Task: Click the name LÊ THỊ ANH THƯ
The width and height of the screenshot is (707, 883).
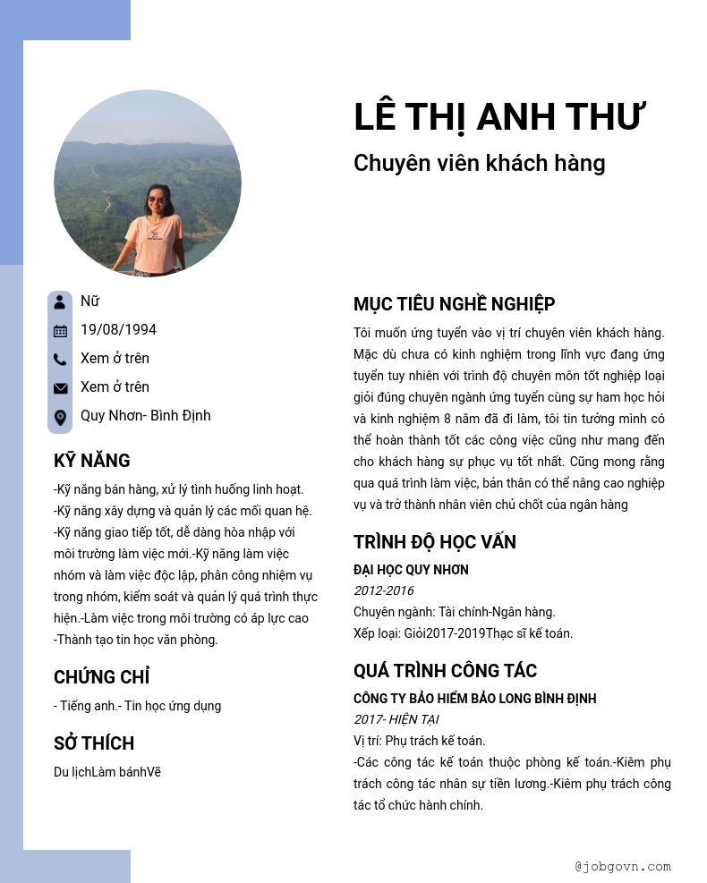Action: [499, 117]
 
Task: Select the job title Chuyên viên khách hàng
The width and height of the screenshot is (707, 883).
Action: [479, 163]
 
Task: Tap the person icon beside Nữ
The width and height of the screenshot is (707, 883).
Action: [60, 301]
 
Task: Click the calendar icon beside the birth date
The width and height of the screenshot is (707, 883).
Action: [60, 330]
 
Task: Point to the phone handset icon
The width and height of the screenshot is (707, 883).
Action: [60, 360]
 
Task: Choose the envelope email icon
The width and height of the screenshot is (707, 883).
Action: [60, 388]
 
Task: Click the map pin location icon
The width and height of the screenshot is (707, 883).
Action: [60, 417]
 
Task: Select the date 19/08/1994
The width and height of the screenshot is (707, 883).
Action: [118, 330]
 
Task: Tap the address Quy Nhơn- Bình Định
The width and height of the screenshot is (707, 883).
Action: [145, 416]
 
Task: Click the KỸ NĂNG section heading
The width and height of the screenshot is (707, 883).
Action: [91, 461]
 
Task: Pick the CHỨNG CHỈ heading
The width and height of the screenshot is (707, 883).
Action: [101, 677]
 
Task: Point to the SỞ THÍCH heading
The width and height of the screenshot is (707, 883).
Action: [93, 743]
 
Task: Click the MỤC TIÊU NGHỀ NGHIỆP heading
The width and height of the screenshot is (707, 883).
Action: [454, 304]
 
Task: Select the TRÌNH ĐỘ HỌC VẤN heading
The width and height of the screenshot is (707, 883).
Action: [434, 542]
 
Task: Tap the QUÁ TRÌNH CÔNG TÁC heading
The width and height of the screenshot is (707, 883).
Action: [445, 671]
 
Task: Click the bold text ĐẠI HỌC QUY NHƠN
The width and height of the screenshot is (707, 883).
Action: [411, 570]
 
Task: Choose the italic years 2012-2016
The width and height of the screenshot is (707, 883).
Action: [383, 590]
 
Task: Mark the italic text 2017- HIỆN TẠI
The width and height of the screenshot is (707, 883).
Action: [396, 719]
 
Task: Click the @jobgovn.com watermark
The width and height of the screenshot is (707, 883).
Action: [622, 866]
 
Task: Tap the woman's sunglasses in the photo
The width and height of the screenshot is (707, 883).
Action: [158, 199]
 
